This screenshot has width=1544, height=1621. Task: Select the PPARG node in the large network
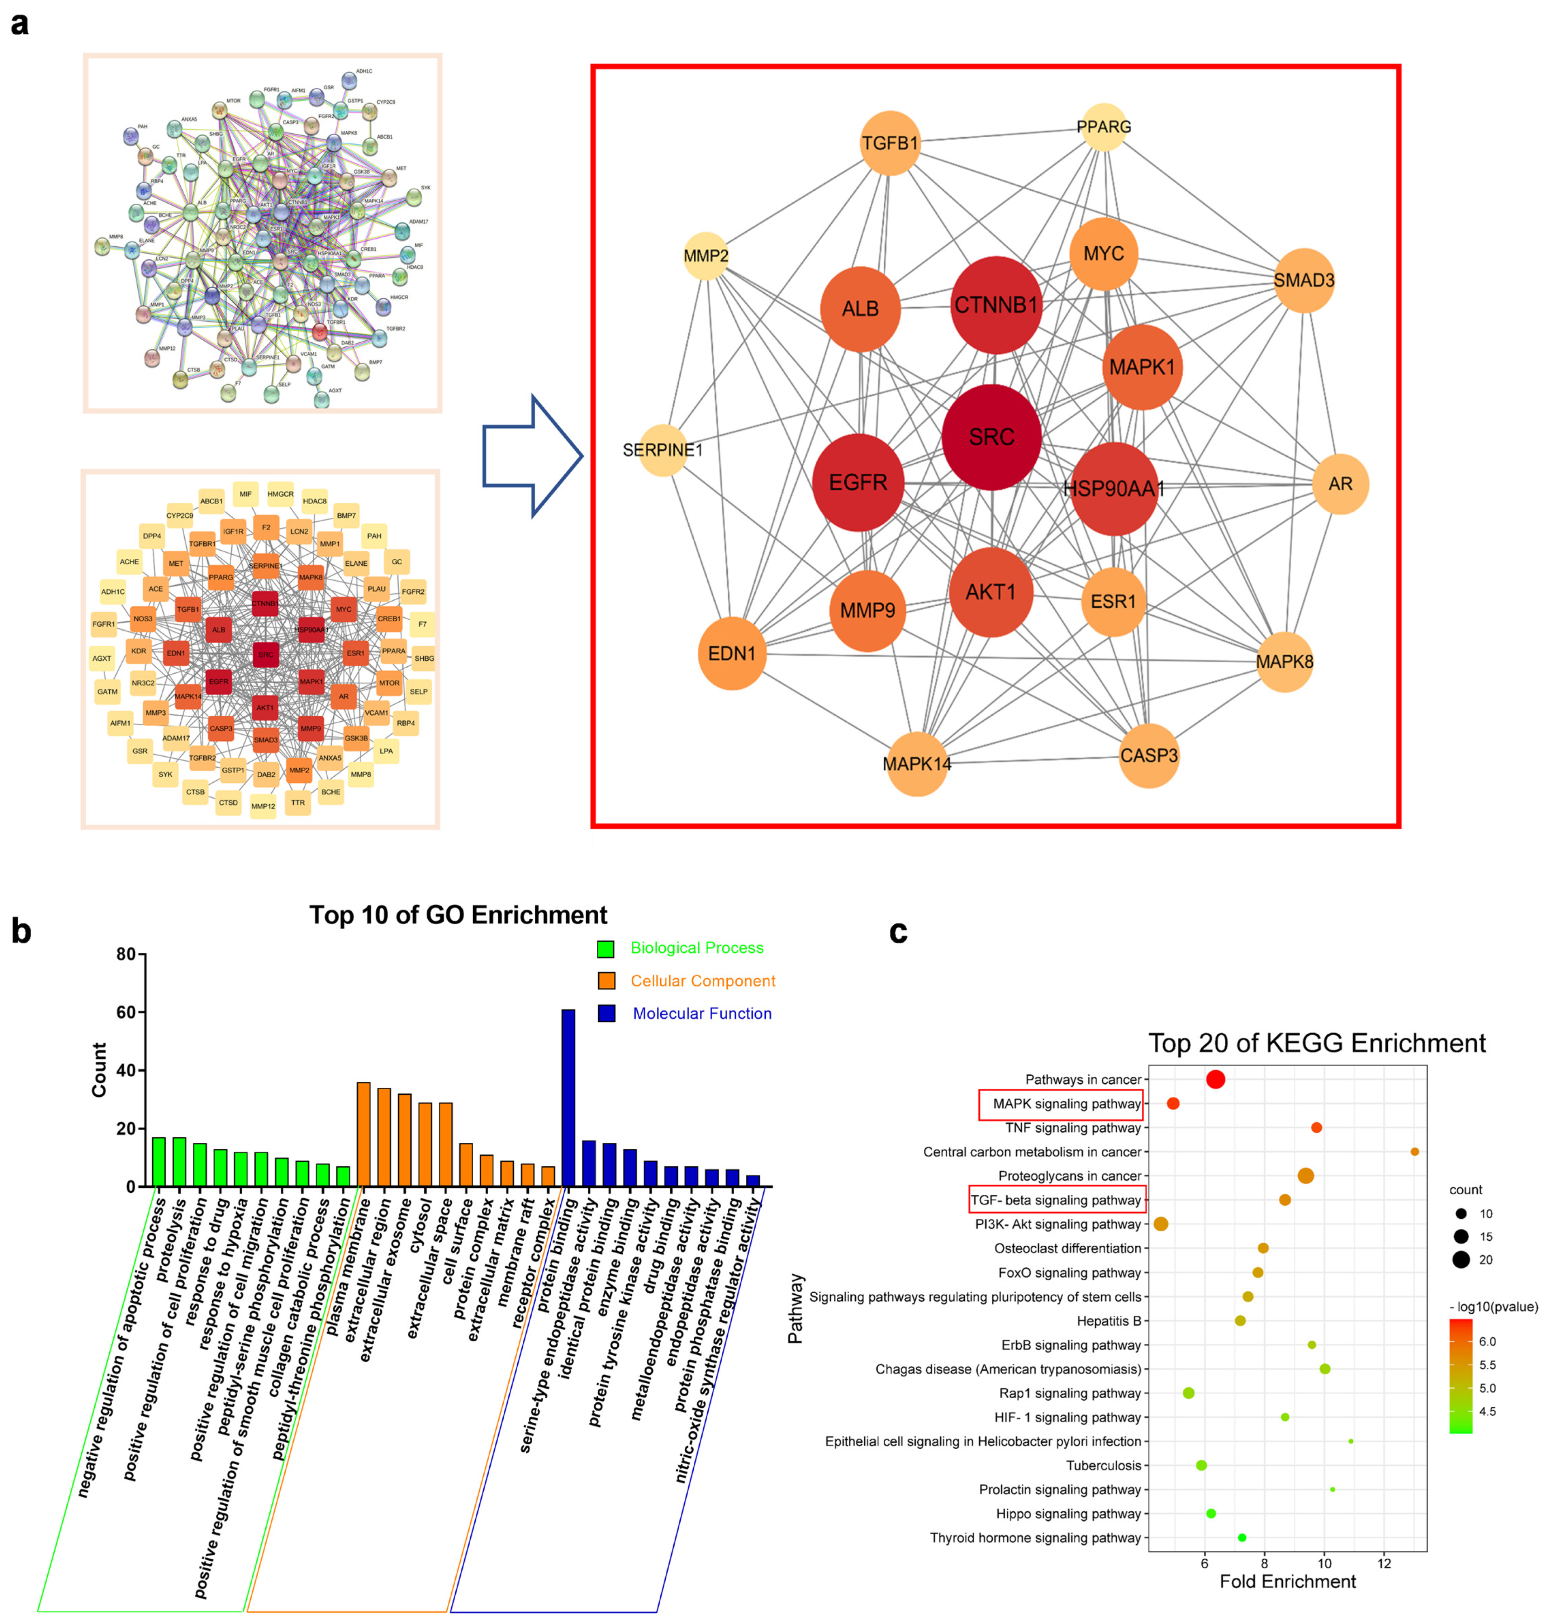pos(1104,128)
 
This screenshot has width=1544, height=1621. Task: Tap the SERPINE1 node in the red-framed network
pos(663,450)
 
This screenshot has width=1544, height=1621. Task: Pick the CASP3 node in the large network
pos(1149,755)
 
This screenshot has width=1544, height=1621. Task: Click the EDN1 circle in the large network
pos(732,654)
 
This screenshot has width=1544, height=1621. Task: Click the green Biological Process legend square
pos(606,948)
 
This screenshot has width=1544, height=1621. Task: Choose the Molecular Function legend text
pos(702,1013)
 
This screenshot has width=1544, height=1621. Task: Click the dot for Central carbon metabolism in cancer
pos(1414,1152)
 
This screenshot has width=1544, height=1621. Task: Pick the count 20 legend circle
pos(1461,1260)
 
